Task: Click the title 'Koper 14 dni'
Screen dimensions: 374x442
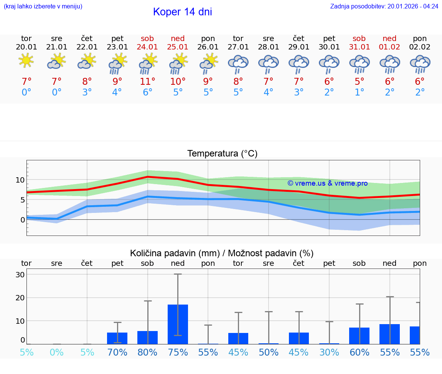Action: click(182, 12)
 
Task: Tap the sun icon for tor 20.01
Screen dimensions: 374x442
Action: click(26, 61)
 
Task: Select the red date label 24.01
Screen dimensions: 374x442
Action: click(147, 47)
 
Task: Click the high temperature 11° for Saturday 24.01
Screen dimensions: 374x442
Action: click(147, 82)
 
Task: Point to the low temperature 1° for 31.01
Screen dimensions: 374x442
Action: click(360, 92)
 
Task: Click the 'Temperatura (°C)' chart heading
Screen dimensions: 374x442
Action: click(222, 153)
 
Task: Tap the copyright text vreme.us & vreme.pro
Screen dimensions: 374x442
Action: click(327, 183)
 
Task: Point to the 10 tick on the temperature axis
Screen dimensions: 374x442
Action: click(20, 180)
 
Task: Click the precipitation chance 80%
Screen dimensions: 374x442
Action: click(147, 353)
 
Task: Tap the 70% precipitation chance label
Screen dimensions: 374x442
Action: click(117, 353)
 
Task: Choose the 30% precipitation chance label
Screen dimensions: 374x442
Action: click(329, 353)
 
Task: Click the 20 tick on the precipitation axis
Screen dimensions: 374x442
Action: click(20, 298)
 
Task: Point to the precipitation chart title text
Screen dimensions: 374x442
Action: click(222, 253)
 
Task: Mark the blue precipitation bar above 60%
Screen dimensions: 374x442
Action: click(359, 336)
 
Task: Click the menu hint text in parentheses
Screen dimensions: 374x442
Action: click(43, 6)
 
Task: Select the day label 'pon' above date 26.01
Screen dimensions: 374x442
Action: click(208, 38)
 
